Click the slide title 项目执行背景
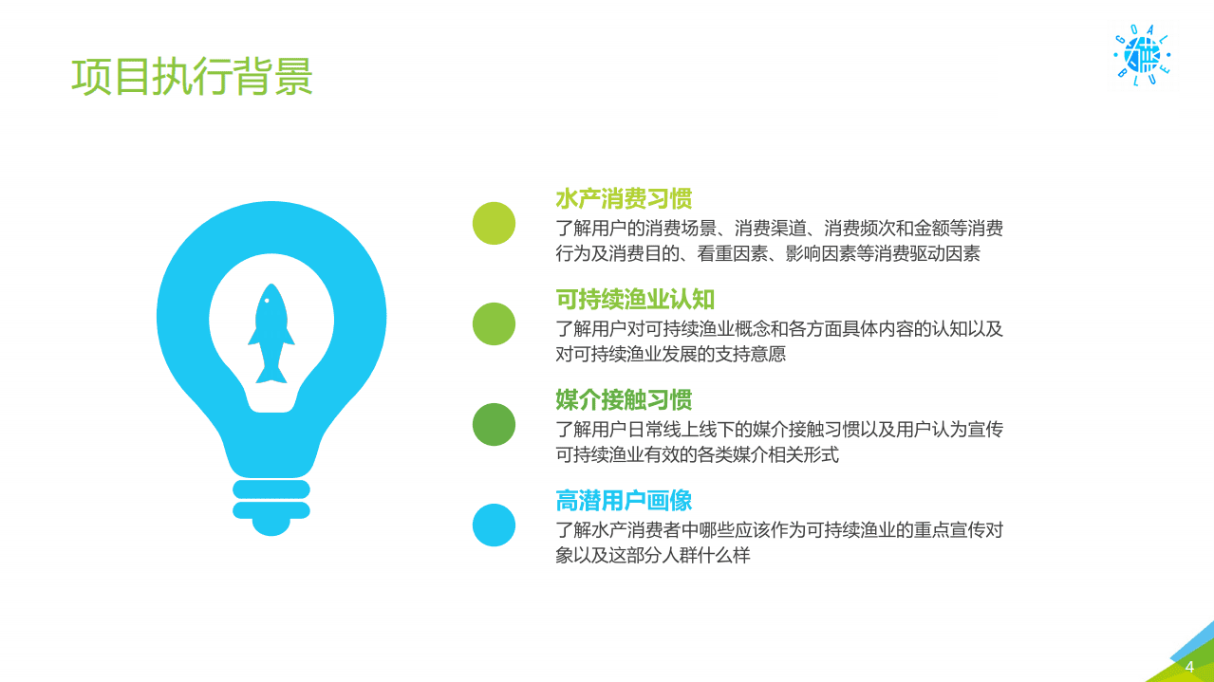[x=192, y=77]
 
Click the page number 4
[x=1189, y=667]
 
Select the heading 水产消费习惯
[x=624, y=199]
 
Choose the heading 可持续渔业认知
[x=635, y=300]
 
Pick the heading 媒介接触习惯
[x=624, y=400]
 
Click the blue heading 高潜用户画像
[x=624, y=501]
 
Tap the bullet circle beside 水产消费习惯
[x=494, y=224]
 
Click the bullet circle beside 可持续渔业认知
[x=494, y=323]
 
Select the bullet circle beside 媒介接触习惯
[x=494, y=424]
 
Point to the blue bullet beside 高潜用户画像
[x=494, y=525]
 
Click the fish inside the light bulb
[x=271, y=332]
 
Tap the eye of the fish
[x=267, y=301]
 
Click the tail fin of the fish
[x=271, y=374]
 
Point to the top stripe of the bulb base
[x=271, y=488]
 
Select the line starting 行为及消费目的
[x=767, y=254]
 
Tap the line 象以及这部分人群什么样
[x=652, y=556]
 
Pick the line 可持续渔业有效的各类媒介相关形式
[x=698, y=455]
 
